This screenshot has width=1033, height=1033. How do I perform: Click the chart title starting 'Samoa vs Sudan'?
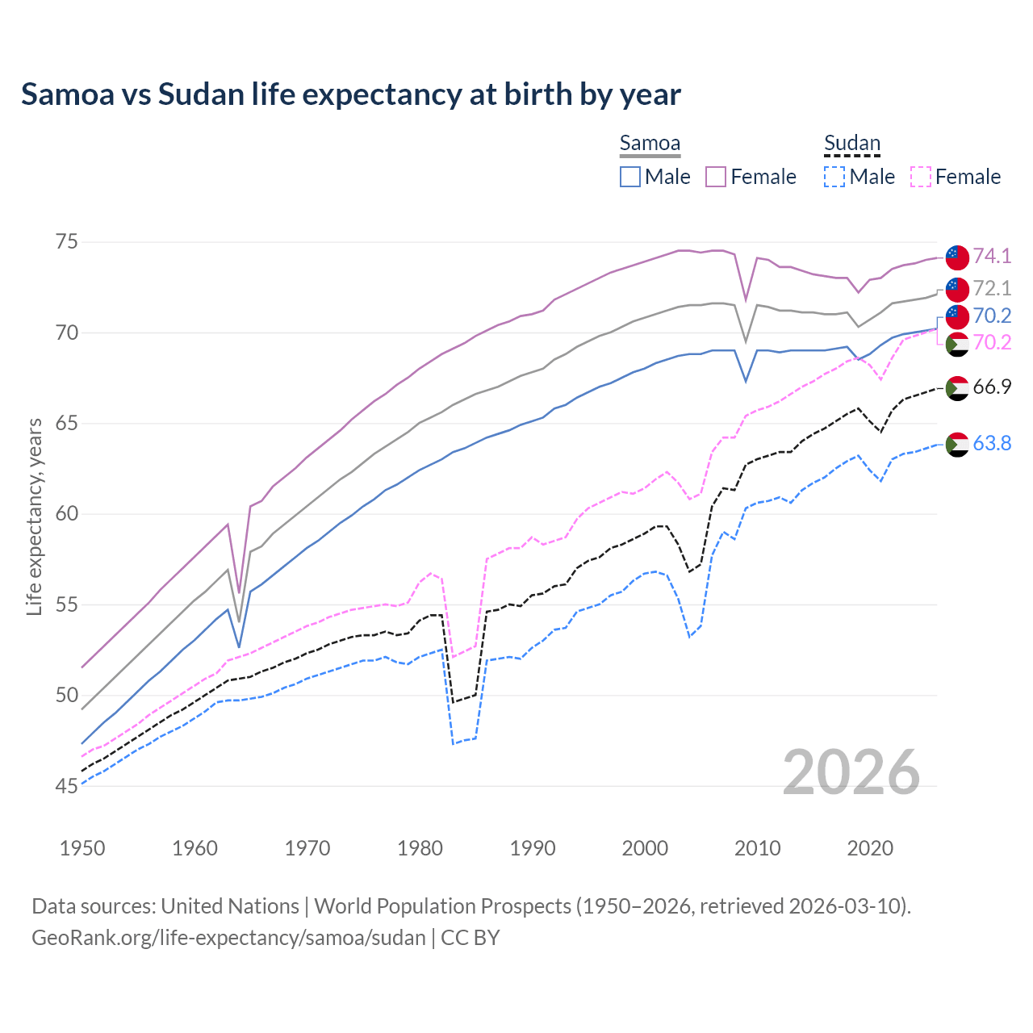351,94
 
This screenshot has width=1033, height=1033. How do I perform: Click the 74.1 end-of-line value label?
992,256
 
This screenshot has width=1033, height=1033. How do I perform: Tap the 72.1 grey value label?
992,288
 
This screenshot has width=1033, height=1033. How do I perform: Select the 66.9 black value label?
992,387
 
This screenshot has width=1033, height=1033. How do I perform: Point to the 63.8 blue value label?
992,443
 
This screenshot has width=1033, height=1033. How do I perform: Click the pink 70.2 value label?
992,342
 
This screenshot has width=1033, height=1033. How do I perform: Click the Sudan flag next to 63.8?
957,444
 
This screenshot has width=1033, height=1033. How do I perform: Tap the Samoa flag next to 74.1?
957,257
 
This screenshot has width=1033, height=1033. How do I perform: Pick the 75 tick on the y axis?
67,242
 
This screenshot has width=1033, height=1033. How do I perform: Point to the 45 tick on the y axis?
67,786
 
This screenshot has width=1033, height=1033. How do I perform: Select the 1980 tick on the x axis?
420,848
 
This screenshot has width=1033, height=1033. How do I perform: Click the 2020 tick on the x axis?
870,848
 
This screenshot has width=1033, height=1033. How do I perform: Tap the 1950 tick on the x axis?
82,848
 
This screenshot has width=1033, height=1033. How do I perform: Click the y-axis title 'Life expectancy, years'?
34,516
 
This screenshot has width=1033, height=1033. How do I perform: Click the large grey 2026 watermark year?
851,772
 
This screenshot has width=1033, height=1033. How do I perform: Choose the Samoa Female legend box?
717,177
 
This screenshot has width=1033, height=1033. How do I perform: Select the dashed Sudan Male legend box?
835,177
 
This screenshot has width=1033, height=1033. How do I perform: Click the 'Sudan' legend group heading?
851,144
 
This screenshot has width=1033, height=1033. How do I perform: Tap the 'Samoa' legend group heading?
650,144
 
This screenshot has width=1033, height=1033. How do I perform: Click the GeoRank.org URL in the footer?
228,938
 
